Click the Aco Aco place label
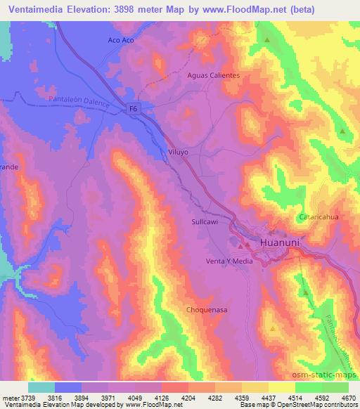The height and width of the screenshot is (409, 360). click(121, 40)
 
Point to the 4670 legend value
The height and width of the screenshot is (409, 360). click(348, 397)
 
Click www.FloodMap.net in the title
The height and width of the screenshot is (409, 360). click(241, 9)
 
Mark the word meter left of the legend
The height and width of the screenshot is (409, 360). click(9, 397)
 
